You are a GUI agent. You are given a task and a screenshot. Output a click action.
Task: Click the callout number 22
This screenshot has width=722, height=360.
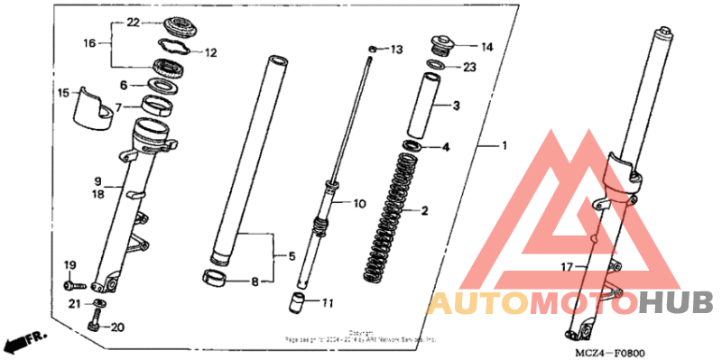[x=133, y=22]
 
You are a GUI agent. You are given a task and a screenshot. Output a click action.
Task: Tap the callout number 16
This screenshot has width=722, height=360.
[x=89, y=42]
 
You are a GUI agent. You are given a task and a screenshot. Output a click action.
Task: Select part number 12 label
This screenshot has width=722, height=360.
[x=210, y=53]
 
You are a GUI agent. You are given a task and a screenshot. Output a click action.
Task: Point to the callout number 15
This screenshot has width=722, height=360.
[x=63, y=92]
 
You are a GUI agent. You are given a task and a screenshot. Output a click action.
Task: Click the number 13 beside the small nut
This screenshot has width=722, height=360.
[x=398, y=49]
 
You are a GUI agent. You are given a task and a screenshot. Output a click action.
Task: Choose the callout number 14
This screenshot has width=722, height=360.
[x=486, y=46]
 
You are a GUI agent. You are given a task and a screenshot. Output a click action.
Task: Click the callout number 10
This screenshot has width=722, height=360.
[x=359, y=204]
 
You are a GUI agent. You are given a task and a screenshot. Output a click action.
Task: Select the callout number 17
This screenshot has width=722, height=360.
[x=566, y=266]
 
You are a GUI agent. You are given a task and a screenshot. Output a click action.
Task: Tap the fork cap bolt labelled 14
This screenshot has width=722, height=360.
[x=442, y=42]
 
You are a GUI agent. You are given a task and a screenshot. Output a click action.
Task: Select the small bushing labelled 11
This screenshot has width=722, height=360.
[x=295, y=302]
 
